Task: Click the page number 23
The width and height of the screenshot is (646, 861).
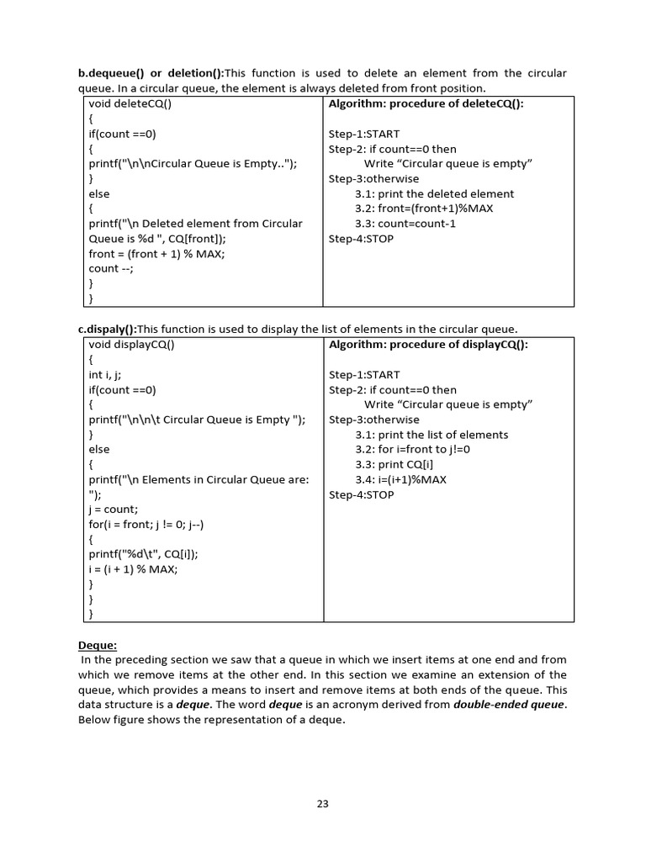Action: [322, 804]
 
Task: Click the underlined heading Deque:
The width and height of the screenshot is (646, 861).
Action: [98, 645]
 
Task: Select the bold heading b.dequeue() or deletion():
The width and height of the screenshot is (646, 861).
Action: [151, 73]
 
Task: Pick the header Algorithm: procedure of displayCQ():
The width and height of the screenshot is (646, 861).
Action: [428, 345]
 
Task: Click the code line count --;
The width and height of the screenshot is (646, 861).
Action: [111, 269]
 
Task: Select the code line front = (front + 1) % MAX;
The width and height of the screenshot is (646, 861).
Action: [156, 254]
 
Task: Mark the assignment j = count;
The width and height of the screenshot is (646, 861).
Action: [113, 510]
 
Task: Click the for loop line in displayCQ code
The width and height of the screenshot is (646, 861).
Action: [146, 525]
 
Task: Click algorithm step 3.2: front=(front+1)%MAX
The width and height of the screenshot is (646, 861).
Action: [423, 209]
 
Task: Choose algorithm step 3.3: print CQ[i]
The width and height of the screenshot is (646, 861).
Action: [397, 465]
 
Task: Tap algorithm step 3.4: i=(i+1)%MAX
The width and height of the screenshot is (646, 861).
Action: [400, 480]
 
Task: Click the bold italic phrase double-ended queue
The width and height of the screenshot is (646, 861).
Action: [508, 705]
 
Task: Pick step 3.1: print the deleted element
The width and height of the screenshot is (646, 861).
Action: [434, 194]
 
